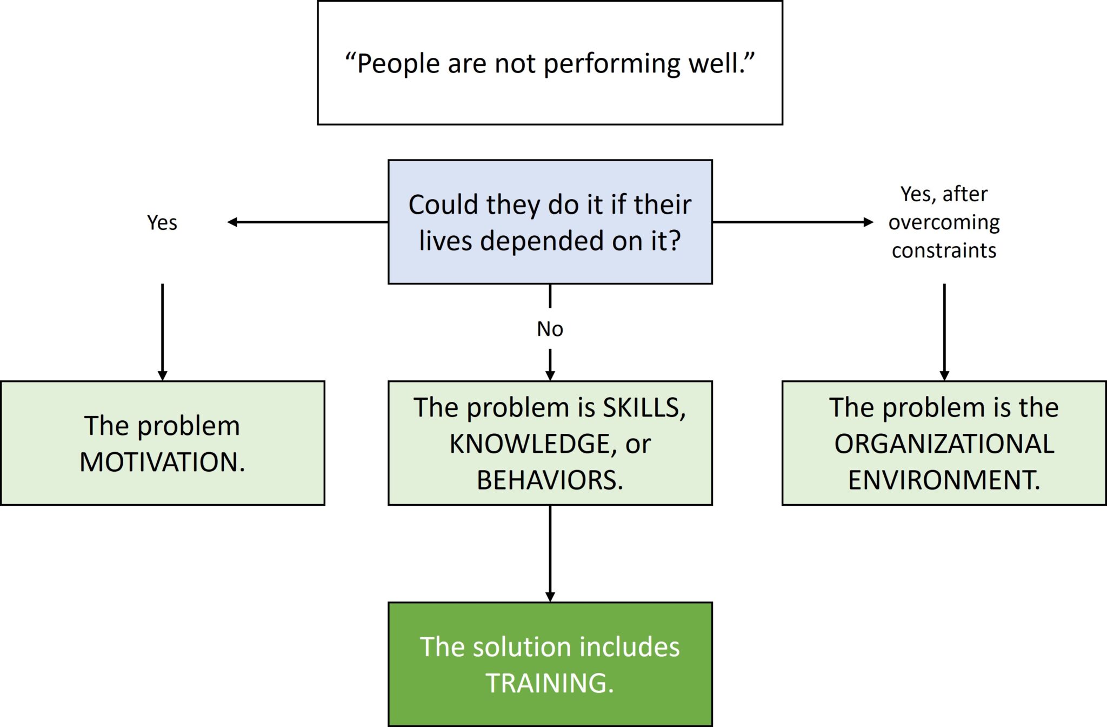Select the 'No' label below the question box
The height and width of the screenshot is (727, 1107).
pyautogui.click(x=550, y=329)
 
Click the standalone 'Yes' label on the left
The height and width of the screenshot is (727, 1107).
pyautogui.click(x=162, y=222)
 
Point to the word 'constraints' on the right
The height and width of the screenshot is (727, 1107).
pyautogui.click(x=944, y=251)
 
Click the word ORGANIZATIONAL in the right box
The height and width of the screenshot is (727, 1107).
pyautogui.click(x=944, y=444)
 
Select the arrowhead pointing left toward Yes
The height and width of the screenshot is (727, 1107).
pyautogui.click(x=232, y=222)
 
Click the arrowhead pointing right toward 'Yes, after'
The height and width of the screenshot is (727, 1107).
pyautogui.click(x=869, y=222)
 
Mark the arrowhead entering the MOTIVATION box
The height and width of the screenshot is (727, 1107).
pyautogui.click(x=162, y=376)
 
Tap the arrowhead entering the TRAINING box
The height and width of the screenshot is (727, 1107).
pyautogui.click(x=550, y=597)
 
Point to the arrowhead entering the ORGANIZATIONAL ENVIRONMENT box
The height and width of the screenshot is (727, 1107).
pyautogui.click(x=944, y=376)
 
